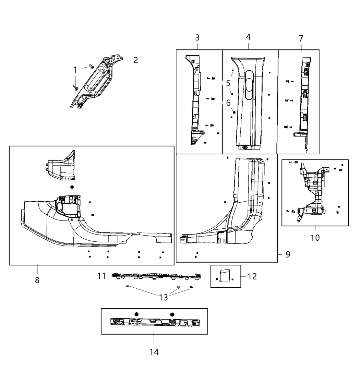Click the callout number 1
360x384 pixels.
tap(75, 70)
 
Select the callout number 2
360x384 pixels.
tap(136, 60)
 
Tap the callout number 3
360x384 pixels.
tap(197, 38)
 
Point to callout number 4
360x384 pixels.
tap(248, 37)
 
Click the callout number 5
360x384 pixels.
tap(228, 83)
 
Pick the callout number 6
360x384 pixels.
tap(228, 103)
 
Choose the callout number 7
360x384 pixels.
tap(301, 39)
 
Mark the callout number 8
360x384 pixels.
tap(37, 280)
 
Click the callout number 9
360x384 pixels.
tap(288, 254)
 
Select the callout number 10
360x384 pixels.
tap(315, 237)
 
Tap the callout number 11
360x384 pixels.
tap(101, 276)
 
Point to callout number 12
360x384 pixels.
tap(252, 276)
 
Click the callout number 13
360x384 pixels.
tap(164, 297)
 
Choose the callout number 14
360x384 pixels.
tap(154, 352)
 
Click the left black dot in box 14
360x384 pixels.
tap(136, 314)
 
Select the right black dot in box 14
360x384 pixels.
tap(172, 314)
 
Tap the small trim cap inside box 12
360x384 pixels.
tap(224, 276)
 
